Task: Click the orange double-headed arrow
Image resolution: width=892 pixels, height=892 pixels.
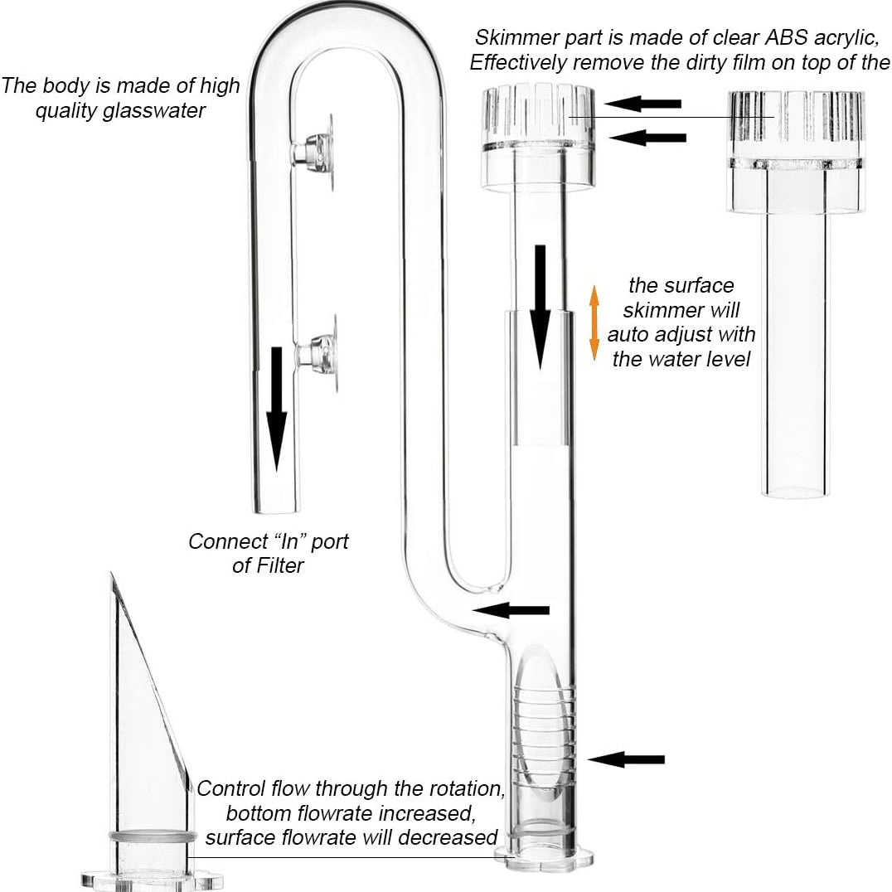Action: (x=594, y=323)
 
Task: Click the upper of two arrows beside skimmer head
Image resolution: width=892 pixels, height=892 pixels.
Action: (x=642, y=104)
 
